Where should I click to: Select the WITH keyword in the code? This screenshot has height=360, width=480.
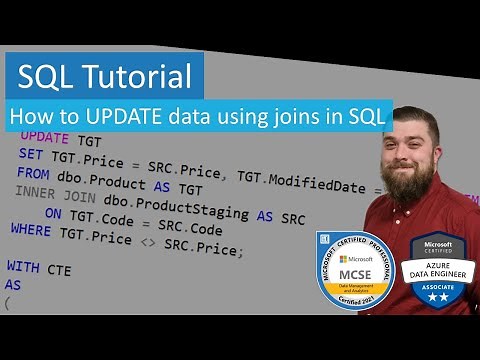point(24,267)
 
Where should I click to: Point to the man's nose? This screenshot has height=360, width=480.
point(411,150)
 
